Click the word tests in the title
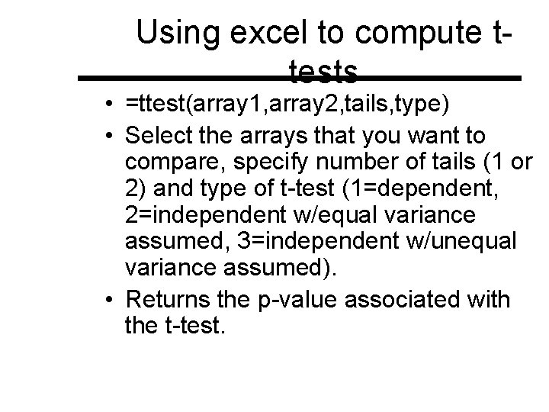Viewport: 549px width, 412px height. point(324,73)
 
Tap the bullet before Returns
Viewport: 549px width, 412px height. point(111,300)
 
